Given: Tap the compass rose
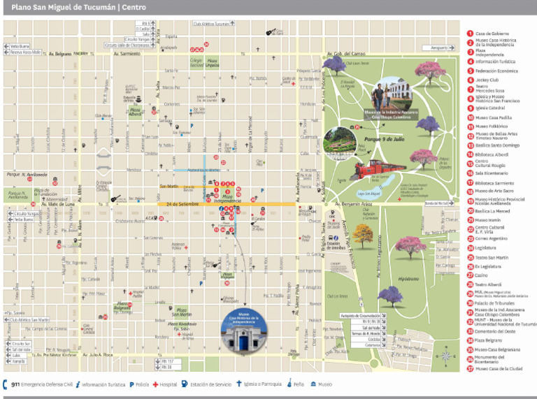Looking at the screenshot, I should click(x=446, y=359).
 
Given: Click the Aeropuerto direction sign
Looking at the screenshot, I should click(x=439, y=48).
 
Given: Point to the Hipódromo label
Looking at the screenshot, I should click(x=407, y=277).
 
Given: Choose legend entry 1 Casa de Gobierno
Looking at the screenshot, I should click(x=492, y=34).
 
